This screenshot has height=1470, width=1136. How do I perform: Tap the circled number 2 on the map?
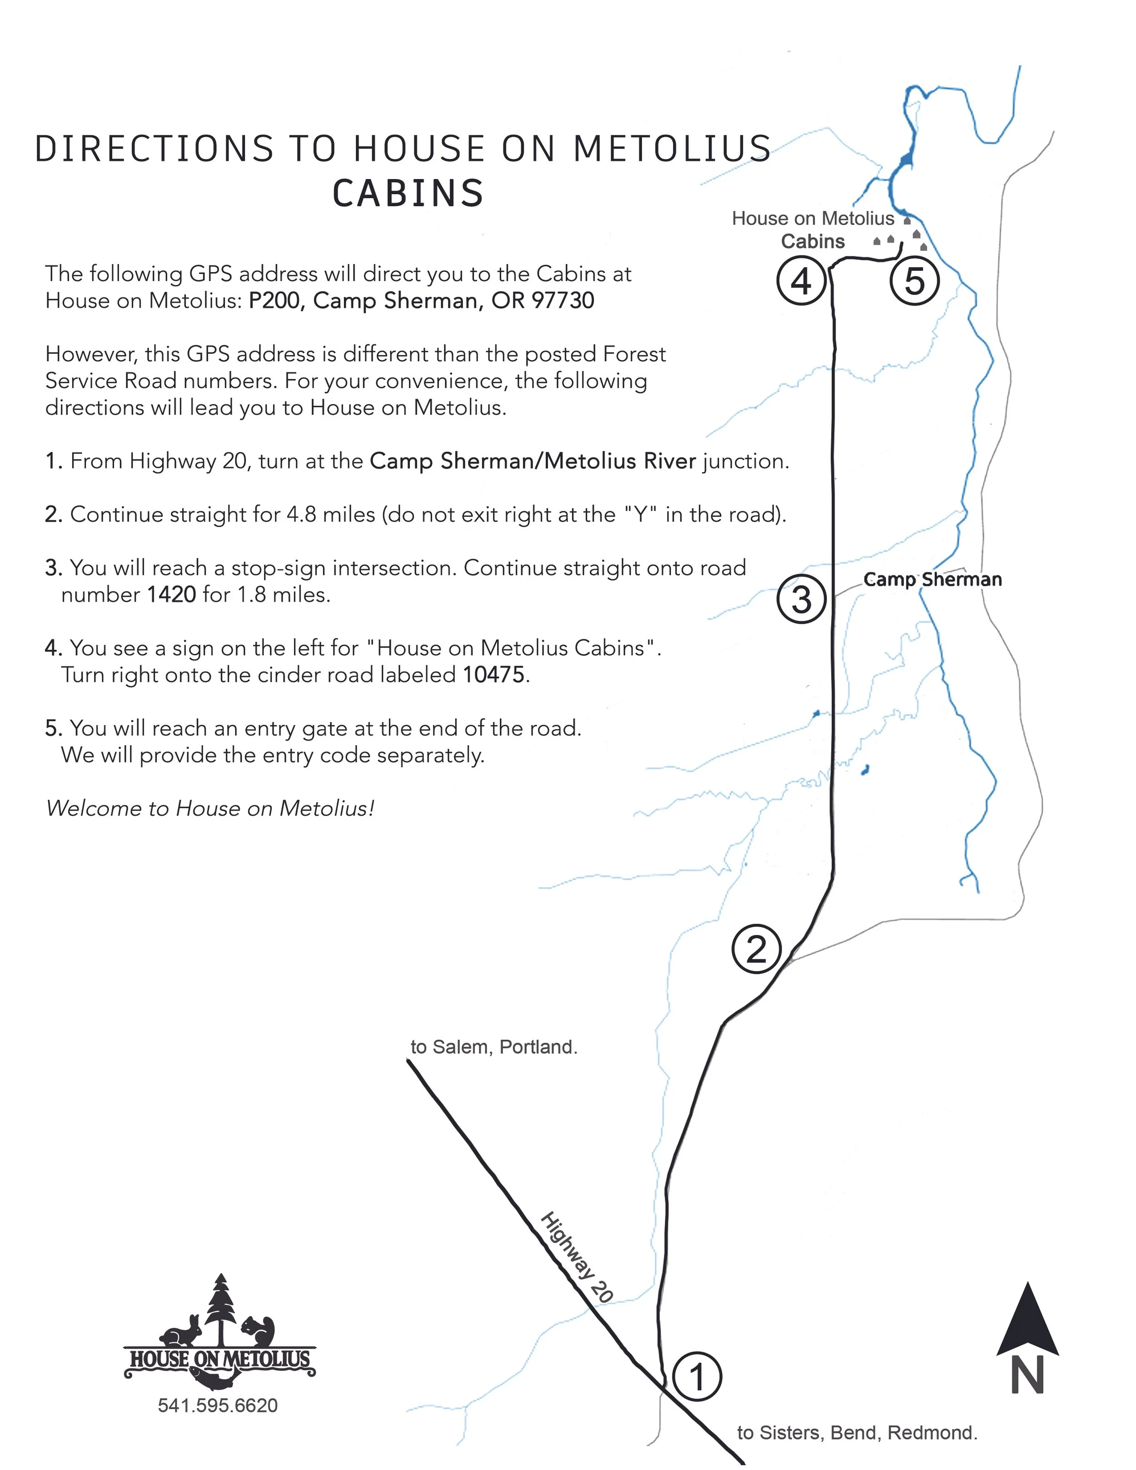[757, 950]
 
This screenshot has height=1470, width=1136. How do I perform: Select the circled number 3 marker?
[801, 599]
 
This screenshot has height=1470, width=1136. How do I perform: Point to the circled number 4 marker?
[801, 281]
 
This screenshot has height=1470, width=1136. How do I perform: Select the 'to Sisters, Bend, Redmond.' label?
[857, 1432]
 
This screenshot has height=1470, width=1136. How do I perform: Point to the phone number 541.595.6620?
[217, 1405]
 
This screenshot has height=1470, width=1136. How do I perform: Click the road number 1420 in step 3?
[172, 595]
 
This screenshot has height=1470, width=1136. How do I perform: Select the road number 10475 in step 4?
[493, 674]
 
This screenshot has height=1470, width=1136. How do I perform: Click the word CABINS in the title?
[408, 193]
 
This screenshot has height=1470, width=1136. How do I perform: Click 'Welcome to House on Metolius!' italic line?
[209, 807]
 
